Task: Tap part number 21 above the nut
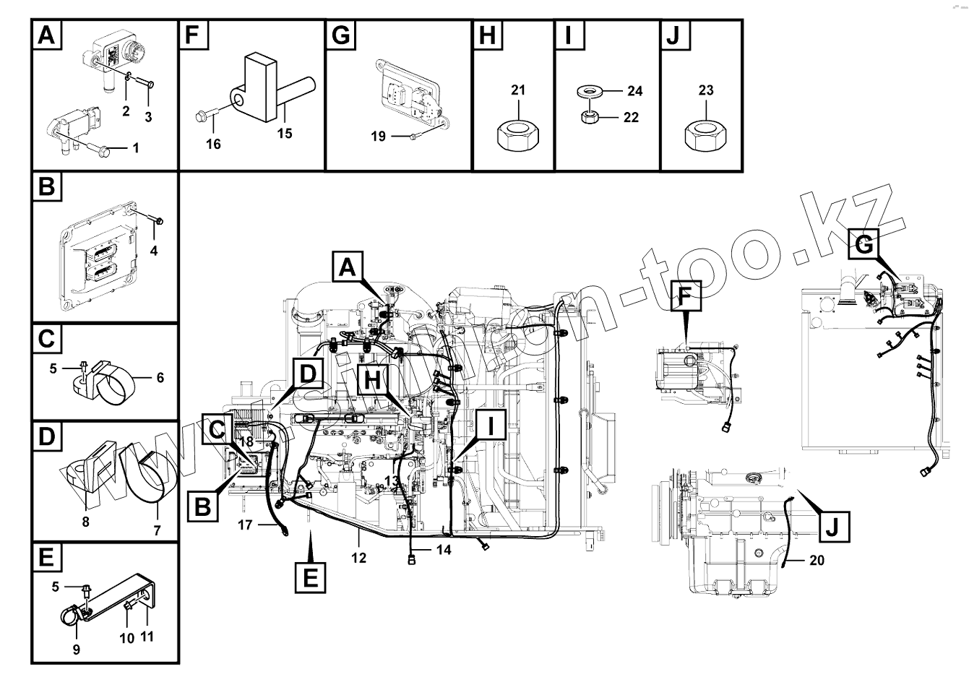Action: coord(518,90)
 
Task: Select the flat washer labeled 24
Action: coord(591,92)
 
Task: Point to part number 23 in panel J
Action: coord(706,90)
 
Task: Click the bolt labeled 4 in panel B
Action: coord(160,220)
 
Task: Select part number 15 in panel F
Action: coord(285,134)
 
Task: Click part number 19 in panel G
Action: coord(378,136)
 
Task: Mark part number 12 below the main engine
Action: coord(358,558)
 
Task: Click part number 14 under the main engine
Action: coord(443,550)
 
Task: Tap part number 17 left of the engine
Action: coord(245,525)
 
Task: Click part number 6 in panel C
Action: coord(160,377)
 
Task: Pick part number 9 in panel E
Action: coord(77,650)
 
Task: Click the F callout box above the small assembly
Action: coord(685,296)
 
